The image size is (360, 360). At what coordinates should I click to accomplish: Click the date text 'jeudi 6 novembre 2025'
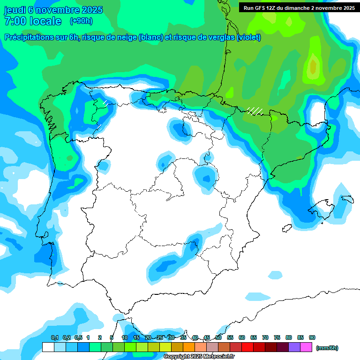(53, 10)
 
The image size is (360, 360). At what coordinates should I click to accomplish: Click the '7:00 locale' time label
(32, 21)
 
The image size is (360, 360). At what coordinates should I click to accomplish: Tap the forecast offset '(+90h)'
(81, 21)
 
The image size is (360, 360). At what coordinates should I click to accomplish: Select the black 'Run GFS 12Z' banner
(299, 7)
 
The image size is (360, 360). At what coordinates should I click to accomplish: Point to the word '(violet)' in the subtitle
(248, 37)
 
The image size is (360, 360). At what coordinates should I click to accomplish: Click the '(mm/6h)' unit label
(327, 348)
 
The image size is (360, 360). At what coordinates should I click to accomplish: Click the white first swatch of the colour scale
(48, 347)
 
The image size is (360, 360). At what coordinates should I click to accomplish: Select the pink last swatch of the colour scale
(306, 347)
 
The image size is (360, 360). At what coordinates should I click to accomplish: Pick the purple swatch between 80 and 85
(294, 347)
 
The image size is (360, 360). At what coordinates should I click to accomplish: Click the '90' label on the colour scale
(312, 337)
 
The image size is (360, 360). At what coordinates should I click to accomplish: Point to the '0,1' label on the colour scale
(55, 337)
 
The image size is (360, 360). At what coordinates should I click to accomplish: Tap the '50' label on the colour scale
(218, 337)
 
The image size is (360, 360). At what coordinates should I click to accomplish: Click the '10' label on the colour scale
(125, 337)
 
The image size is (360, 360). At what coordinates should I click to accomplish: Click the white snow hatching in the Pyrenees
(255, 111)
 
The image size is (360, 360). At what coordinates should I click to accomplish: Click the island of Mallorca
(324, 207)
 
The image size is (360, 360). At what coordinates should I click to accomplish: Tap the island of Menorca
(348, 199)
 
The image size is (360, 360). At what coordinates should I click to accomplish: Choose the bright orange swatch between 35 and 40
(189, 347)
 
